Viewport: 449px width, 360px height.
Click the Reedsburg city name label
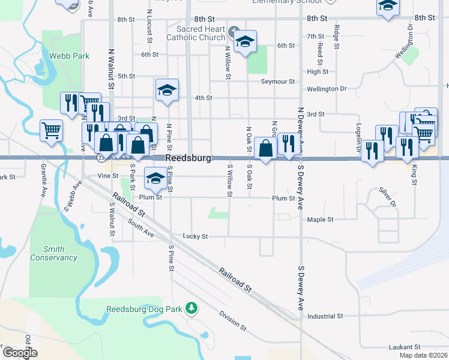(188, 158)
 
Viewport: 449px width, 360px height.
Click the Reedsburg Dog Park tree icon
(191, 308)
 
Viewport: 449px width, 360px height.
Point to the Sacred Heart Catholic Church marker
(234, 31)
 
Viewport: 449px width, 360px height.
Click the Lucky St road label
(195, 236)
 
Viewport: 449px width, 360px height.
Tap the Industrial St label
(324, 316)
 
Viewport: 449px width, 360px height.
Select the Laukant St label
(406, 347)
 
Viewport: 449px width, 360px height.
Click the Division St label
(232, 320)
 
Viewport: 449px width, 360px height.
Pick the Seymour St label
(277, 82)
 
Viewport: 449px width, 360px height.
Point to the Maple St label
(320, 220)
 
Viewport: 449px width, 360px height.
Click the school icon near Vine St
(155, 177)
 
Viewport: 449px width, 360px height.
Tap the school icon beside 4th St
(167, 90)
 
